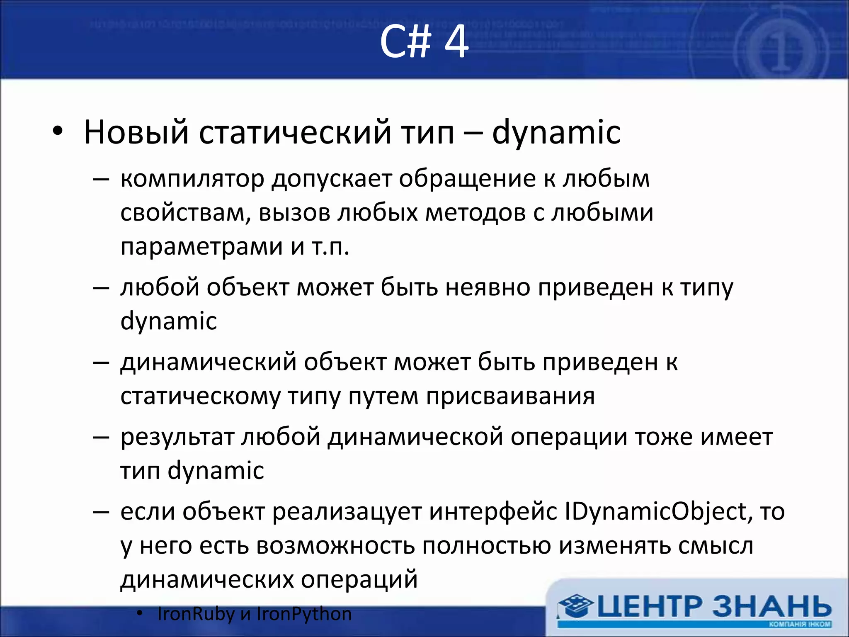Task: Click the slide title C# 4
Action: pyautogui.click(x=424, y=41)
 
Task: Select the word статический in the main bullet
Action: pyautogui.click(x=295, y=133)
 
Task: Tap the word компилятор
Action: pyautogui.click(x=192, y=179)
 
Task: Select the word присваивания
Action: pyautogui.click(x=510, y=396)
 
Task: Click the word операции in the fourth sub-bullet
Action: pyautogui.click(x=569, y=437)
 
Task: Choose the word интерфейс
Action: pyautogui.click(x=493, y=512)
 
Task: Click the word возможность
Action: pyautogui.click(x=335, y=546)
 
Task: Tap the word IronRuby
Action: pyautogui.click(x=196, y=614)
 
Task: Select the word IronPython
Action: pyautogui.click(x=304, y=614)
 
